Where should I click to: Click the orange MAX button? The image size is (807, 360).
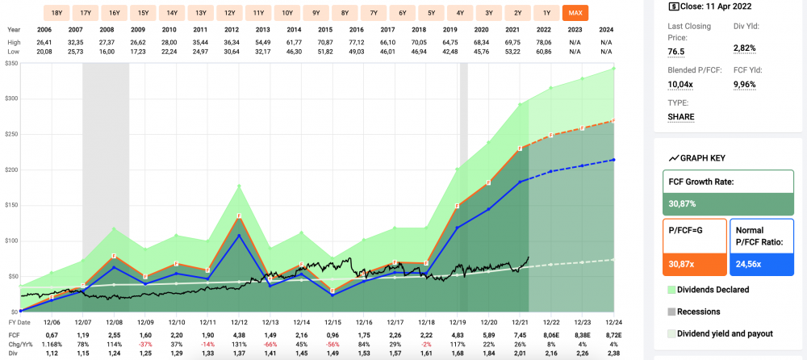coord(575,13)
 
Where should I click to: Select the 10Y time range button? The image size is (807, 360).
coord(286,13)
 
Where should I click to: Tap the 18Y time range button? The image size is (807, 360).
coord(56,13)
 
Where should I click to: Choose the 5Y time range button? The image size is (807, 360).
coord(431,13)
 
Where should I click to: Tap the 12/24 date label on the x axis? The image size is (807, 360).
coord(615,321)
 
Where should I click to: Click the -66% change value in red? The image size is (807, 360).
coord(270,344)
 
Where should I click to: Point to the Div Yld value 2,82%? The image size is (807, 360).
coord(743,48)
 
